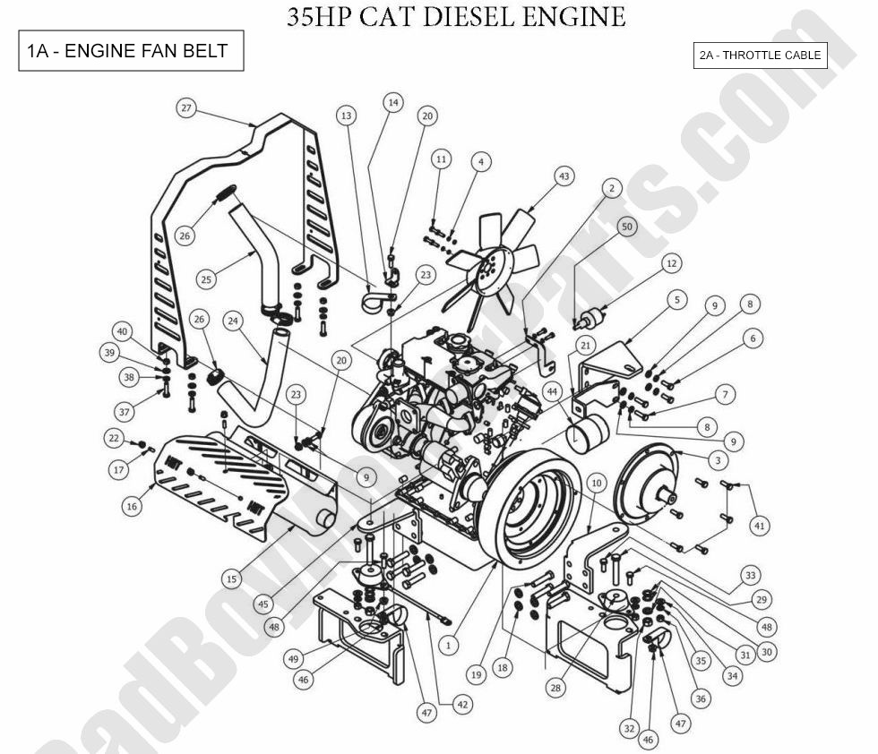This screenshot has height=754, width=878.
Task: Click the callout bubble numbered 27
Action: pos(185,108)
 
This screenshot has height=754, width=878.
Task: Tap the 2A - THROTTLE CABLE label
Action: pos(760,56)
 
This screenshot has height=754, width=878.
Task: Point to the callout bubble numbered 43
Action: pos(564,177)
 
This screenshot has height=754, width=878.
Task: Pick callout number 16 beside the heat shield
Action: pos(133,506)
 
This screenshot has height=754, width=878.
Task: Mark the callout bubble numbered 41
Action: pos(759,526)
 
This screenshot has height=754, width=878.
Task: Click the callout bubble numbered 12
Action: pos(671,263)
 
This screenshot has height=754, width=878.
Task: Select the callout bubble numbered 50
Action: pos(626,227)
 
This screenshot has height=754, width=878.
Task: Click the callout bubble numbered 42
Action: pos(462,705)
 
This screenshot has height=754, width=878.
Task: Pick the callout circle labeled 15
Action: pos(232,579)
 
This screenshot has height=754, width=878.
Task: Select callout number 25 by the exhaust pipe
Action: pos(206,279)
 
